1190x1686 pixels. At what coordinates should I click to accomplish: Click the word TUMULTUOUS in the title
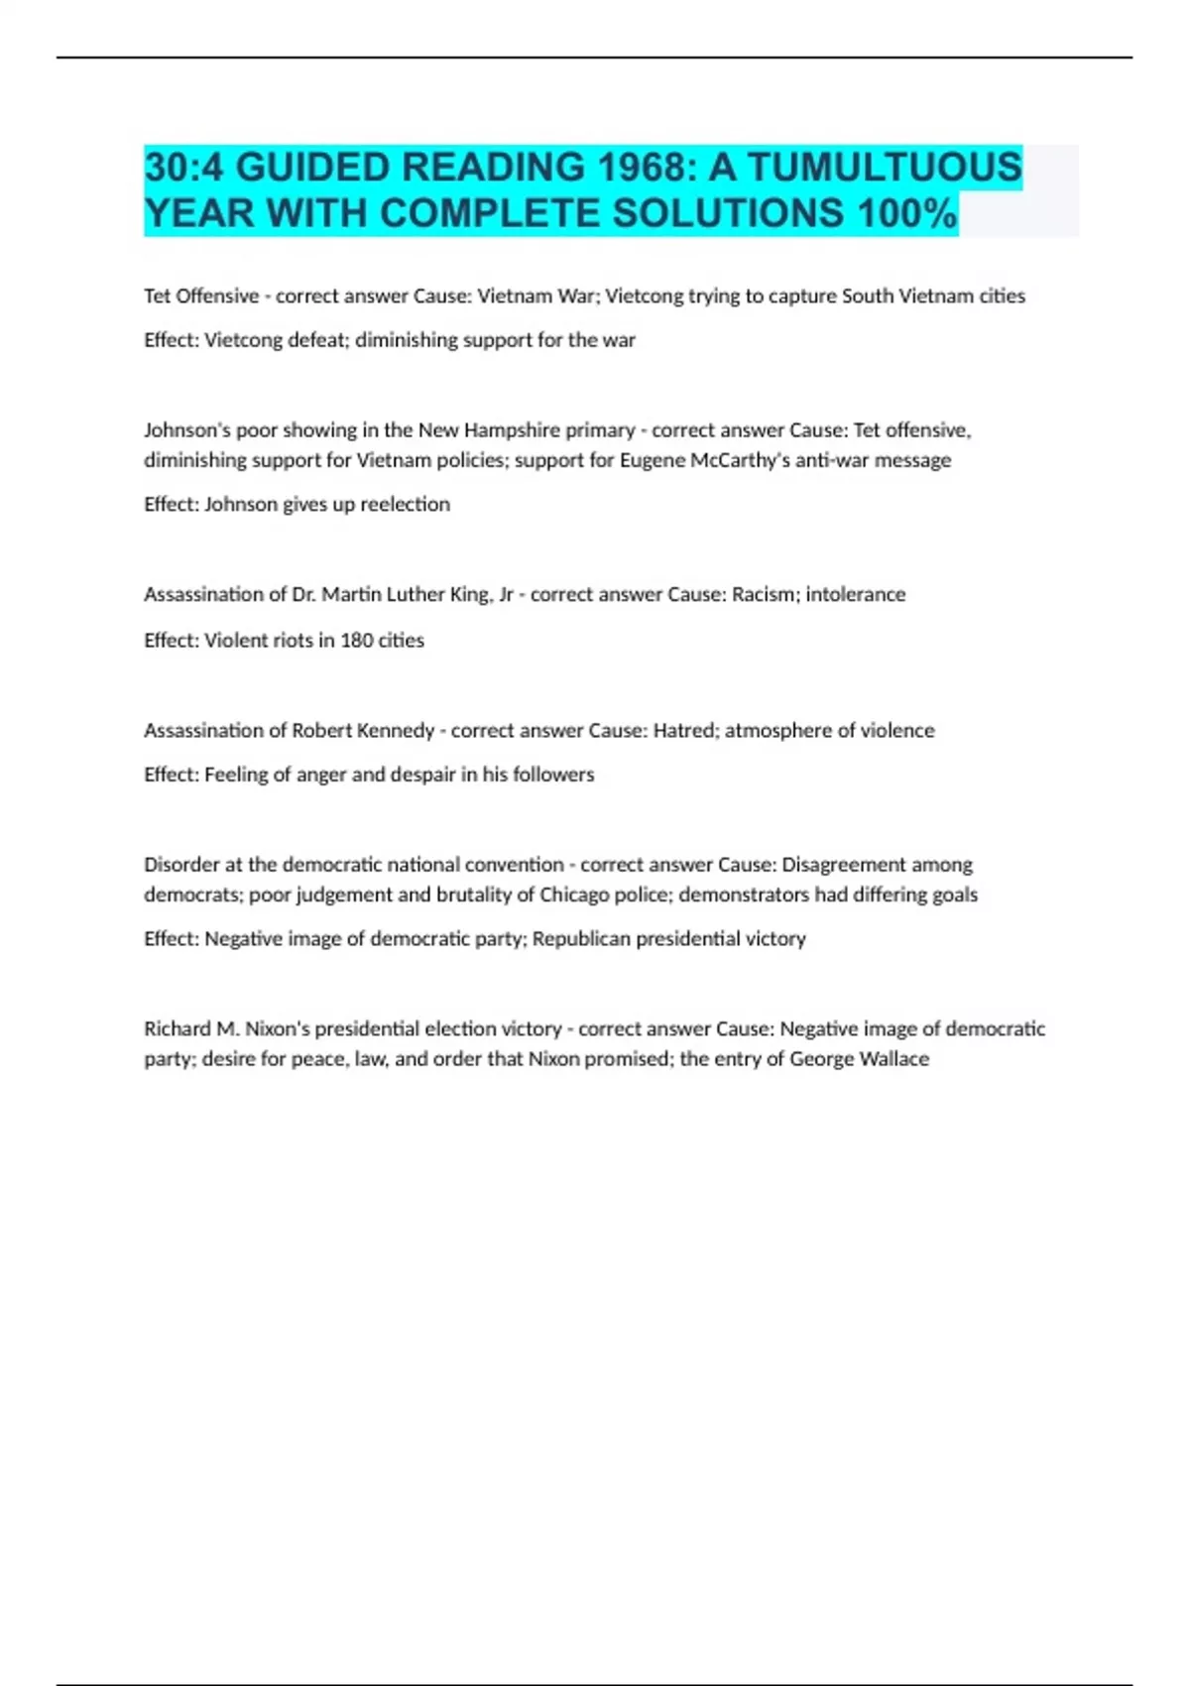coord(884,167)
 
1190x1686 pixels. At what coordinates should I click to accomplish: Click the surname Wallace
coord(894,1058)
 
